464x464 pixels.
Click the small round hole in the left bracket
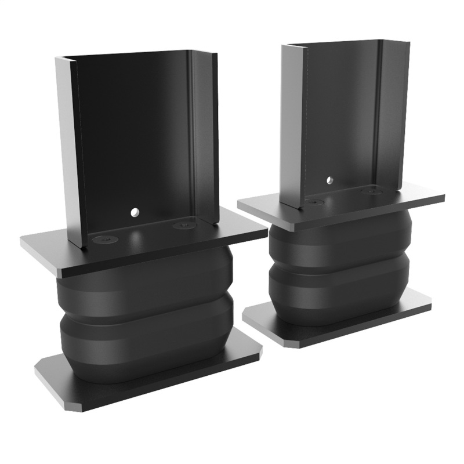click(x=135, y=212)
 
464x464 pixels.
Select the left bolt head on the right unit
click(x=314, y=202)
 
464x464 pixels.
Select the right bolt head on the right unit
click(x=369, y=190)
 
